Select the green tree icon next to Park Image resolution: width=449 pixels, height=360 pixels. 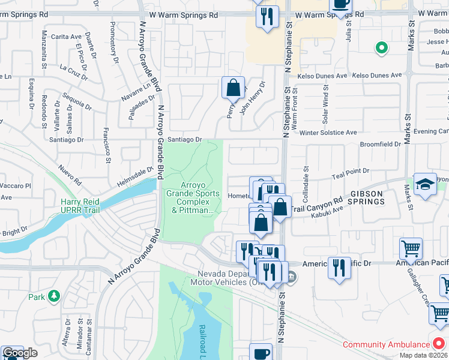coord(55,296)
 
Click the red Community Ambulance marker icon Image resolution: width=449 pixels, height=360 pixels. coord(439,344)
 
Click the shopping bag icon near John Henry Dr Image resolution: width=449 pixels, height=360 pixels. coord(233,88)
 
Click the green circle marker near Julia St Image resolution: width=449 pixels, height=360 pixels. coord(381,47)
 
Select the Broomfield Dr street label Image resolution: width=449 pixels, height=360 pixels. coord(380,145)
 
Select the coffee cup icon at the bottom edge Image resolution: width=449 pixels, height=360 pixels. coord(261,353)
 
